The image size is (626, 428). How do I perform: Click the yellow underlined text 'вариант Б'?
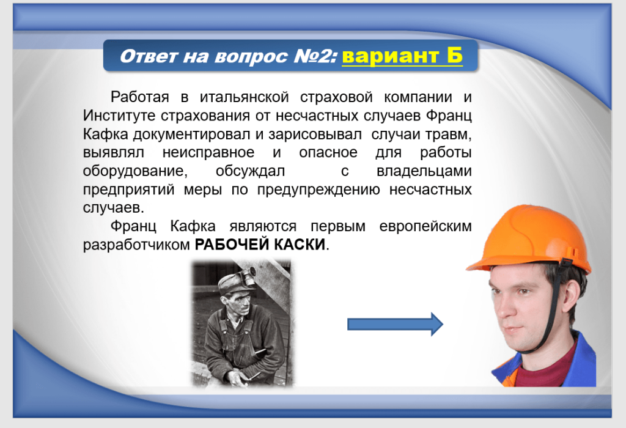[402, 56]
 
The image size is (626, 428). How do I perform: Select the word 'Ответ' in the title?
[148, 56]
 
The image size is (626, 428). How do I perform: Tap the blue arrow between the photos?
[396, 324]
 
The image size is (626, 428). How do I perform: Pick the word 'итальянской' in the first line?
[245, 97]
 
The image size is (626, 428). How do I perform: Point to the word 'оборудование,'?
[135, 171]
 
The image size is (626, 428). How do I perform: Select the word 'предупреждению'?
[319, 190]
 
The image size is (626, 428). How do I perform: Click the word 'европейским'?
[425, 226]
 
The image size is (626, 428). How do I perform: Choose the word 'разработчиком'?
[136, 245]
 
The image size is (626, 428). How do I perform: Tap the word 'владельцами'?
[424, 171]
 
